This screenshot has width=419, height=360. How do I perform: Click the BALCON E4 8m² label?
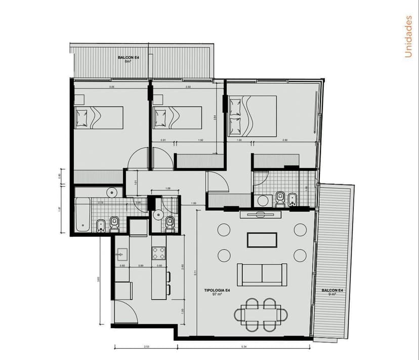pos(129,59)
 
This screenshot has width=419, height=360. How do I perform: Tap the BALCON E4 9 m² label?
pos(333,292)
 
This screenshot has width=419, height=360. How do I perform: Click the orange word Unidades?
pos(408,36)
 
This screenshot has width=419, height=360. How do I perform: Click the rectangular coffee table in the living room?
pos(262,240)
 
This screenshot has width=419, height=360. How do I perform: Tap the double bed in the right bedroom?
pos(252,116)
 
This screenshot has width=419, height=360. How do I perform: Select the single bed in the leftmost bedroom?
pos(99,117)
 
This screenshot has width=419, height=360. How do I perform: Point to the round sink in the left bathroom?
pos(112,192)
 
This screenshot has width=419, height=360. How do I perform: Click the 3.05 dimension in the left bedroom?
pos(111,87)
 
